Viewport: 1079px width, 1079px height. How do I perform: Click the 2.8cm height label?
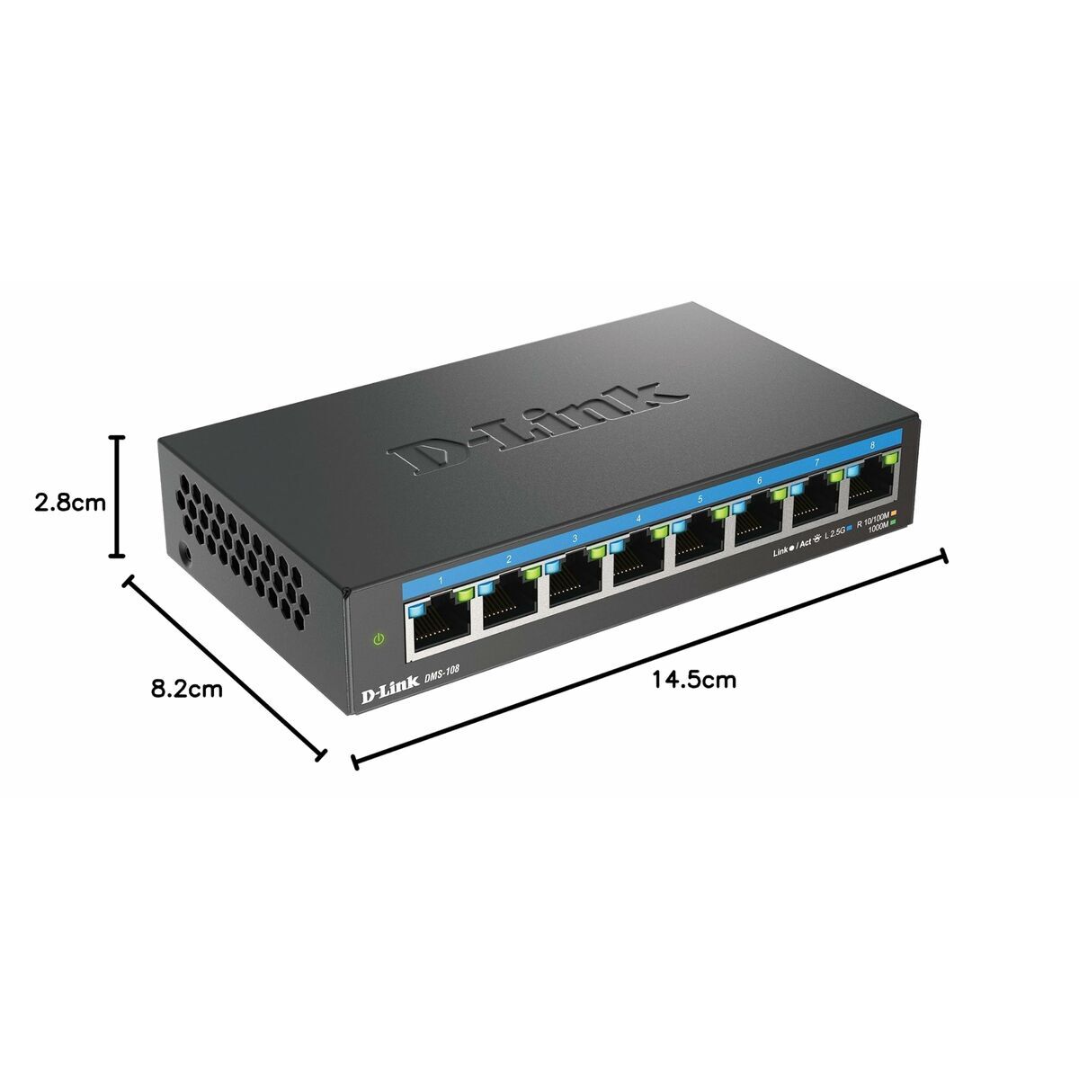click(x=70, y=503)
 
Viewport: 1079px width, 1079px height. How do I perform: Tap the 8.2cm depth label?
click(x=187, y=690)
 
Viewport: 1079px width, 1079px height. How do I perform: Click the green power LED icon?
click(x=379, y=639)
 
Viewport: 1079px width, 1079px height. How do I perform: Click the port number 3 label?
click(x=575, y=539)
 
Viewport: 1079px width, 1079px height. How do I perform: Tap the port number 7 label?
click(x=816, y=461)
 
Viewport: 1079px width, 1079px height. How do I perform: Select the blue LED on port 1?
click(x=416, y=610)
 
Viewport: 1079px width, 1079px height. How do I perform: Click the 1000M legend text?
click(x=878, y=530)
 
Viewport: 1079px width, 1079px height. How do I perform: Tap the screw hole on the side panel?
click(x=185, y=554)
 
